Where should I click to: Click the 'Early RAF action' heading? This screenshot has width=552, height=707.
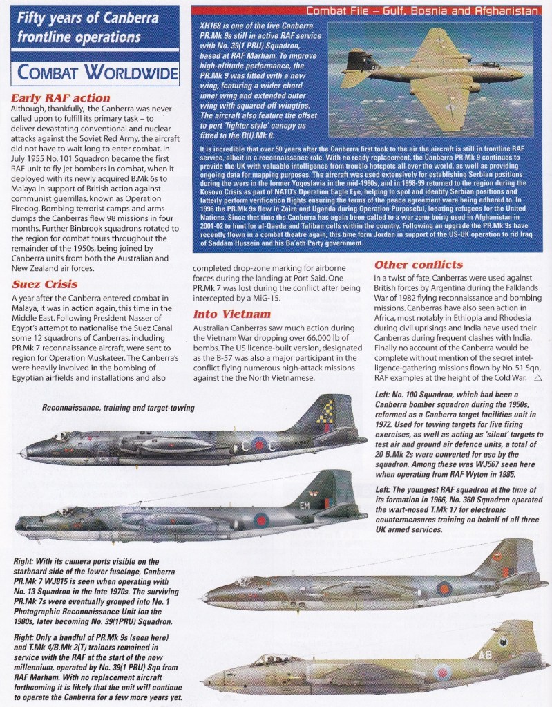61,98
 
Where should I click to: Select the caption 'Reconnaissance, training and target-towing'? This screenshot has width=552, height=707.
118,408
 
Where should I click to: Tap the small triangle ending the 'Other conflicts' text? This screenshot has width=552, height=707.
538,378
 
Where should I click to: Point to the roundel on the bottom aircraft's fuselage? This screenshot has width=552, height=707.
441,671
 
